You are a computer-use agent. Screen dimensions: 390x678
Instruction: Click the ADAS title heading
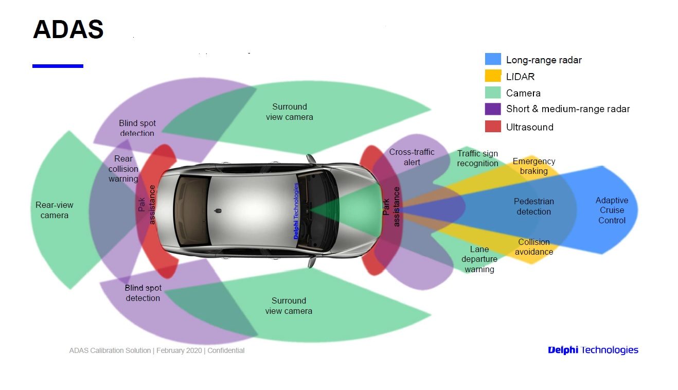pos(68,29)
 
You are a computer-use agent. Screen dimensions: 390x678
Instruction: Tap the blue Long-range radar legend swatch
pos(492,59)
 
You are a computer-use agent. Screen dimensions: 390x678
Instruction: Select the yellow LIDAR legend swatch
pos(492,76)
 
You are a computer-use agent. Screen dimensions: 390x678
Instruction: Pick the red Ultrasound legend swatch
pos(492,127)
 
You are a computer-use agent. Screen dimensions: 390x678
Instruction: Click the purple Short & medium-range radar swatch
pos(492,109)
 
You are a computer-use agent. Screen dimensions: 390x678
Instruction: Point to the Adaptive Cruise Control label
pos(612,210)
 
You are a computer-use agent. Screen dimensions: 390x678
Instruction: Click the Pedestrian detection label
pos(533,206)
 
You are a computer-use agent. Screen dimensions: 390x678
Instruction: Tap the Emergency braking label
pos(533,166)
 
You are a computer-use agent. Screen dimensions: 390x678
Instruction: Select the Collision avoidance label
pos(533,247)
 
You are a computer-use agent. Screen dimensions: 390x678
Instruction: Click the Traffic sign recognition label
pos(477,158)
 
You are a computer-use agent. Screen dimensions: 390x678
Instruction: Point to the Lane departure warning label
pos(479,259)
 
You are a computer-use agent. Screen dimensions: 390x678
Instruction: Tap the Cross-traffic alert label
pos(412,157)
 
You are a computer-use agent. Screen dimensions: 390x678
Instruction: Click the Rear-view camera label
pos(54,210)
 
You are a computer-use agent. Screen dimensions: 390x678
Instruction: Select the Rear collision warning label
pos(123,169)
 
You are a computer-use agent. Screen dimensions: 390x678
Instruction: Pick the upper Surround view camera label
pos(289,112)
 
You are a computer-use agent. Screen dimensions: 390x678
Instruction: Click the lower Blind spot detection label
pos(142,293)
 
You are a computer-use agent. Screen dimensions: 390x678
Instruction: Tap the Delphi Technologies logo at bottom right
pos(593,350)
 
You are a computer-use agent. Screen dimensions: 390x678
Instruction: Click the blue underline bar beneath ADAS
pos(58,66)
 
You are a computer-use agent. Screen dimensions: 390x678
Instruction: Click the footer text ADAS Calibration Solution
pos(157,350)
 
